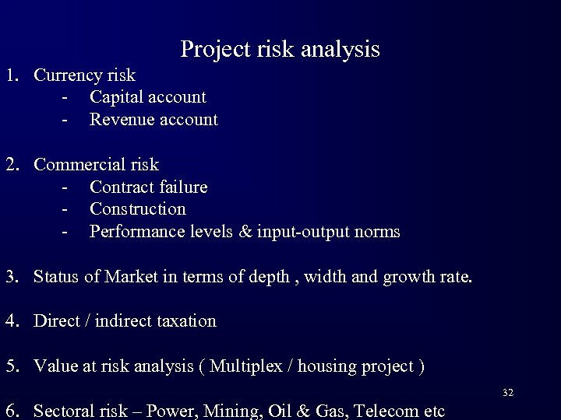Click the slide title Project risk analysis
pos(280,50)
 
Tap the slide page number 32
pos(507,394)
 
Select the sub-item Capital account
pos(148,97)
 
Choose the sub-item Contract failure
pos(148,187)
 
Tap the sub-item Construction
pos(138,209)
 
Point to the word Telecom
pos(387,411)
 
